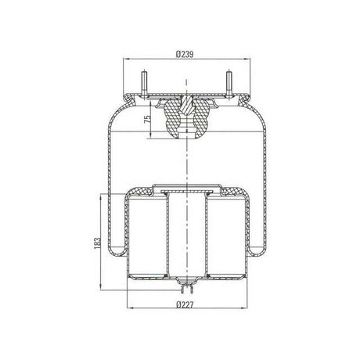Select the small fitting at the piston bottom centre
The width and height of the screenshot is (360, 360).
pos(188,285)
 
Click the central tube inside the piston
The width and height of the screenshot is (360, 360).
pos(188,235)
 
